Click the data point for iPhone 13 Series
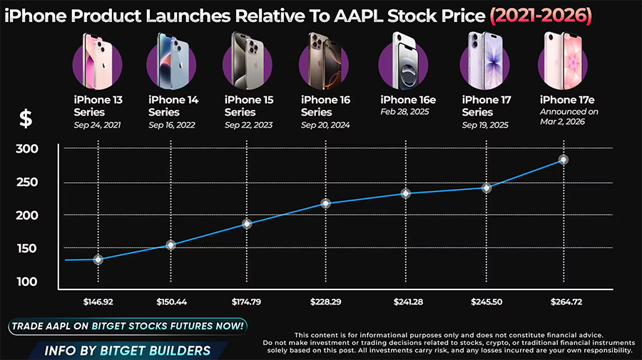click(98, 259)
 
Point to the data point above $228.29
click(326, 203)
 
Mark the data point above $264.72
click(563, 160)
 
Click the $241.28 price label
click(408, 302)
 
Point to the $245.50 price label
click(486, 302)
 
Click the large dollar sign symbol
click(26, 118)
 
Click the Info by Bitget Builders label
click(128, 350)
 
